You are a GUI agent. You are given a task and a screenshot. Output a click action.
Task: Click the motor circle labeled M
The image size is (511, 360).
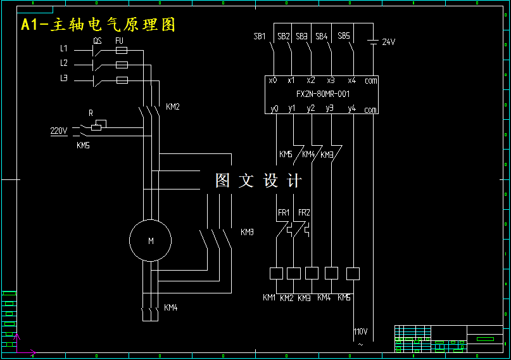(150, 241)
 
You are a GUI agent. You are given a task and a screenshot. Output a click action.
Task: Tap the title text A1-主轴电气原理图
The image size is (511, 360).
(98, 25)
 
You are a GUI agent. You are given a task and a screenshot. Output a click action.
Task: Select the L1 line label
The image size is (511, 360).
(63, 48)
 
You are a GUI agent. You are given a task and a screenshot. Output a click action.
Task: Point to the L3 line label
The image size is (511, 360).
(63, 79)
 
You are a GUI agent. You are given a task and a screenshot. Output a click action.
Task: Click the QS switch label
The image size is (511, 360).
(98, 41)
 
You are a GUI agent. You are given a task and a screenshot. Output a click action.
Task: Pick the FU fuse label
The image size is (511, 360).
(119, 41)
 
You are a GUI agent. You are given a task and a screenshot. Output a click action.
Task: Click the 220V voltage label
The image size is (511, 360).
(59, 131)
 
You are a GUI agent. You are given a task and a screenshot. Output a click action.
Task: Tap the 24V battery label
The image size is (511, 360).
(388, 42)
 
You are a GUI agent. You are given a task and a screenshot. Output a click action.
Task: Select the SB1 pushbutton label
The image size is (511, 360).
(260, 36)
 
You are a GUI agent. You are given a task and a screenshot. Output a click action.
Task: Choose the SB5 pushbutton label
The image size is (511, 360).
(343, 36)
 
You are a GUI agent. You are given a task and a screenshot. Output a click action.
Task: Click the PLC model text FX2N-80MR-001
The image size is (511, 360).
(323, 94)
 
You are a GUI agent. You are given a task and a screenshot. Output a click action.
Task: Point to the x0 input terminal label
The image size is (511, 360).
(273, 80)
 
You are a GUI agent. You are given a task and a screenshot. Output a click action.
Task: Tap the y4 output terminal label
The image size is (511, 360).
(352, 109)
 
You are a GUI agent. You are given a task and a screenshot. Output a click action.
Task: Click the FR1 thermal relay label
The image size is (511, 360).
(283, 212)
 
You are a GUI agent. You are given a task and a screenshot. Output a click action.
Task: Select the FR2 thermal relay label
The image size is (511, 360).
(304, 212)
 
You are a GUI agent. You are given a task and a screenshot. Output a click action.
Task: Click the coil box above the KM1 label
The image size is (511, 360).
(276, 273)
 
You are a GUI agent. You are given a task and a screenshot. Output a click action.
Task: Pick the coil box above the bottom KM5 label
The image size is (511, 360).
(353, 273)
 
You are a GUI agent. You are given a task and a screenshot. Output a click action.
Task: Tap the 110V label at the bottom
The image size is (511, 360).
(360, 331)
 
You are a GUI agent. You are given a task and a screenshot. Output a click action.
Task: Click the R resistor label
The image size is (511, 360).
(91, 113)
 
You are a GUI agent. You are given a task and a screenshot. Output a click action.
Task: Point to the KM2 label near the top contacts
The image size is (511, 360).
(173, 107)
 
